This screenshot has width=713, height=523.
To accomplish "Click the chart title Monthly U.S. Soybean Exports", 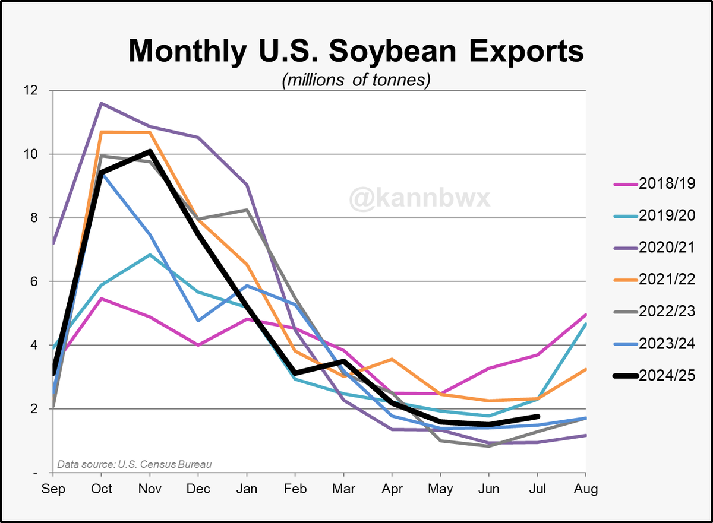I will pos(356,51).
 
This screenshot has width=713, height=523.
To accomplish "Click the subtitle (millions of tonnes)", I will pos(356,80).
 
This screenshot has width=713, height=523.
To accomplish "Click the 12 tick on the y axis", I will pos(30,91).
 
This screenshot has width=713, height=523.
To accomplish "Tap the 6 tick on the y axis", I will pos(33,282).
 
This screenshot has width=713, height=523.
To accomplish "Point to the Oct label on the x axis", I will pos(102,489).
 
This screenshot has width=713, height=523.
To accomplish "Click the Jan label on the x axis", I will pos(247,489).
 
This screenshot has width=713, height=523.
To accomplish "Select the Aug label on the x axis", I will pos(586,489).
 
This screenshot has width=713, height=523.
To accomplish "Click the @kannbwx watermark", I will pos(420,198).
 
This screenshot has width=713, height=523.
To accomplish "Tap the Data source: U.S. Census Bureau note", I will pos(134,464).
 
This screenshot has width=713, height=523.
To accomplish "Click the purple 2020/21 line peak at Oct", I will pos(102,103).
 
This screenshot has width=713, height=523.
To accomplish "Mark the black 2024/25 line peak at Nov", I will pos(150,151).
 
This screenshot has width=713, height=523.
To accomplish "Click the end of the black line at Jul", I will pos(537,417).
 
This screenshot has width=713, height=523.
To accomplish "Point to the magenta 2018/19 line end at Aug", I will pos(586,315).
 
